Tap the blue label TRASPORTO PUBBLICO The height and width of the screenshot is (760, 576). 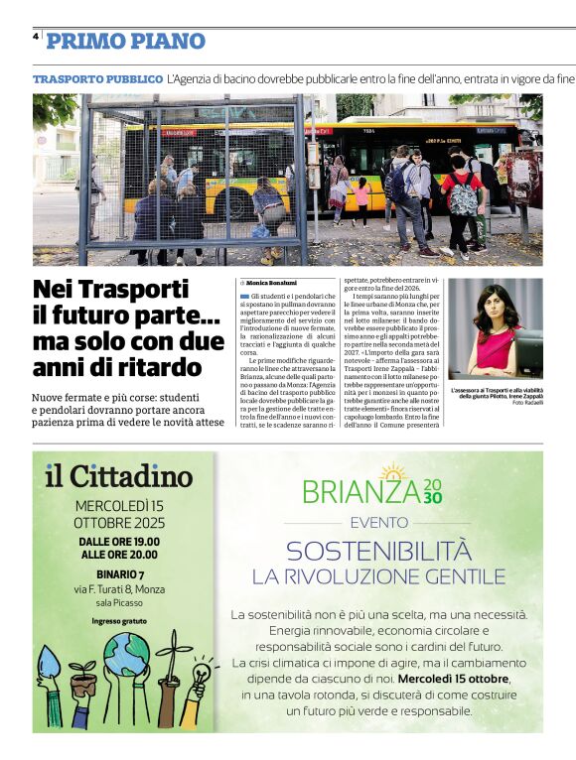97,77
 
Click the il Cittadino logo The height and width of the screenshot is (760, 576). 118,476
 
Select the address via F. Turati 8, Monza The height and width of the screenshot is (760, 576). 119,589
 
